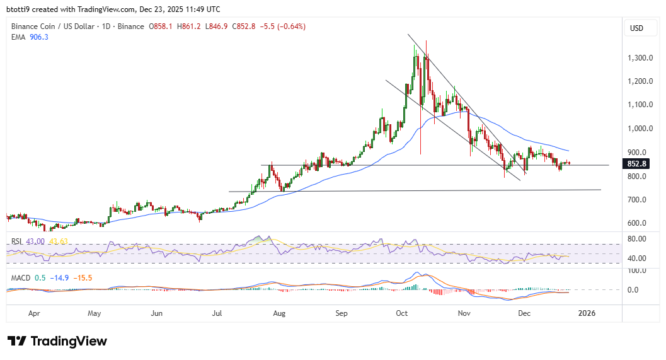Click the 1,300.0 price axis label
[640, 58]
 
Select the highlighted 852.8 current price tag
[638, 164]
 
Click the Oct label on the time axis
[403, 313]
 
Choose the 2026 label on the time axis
[587, 313]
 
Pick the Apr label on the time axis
[35, 313]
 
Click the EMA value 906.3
[39, 37]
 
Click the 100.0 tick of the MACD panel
[638, 270]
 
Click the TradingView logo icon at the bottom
[16, 341]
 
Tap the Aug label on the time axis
[280, 313]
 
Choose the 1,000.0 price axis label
[640, 129]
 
